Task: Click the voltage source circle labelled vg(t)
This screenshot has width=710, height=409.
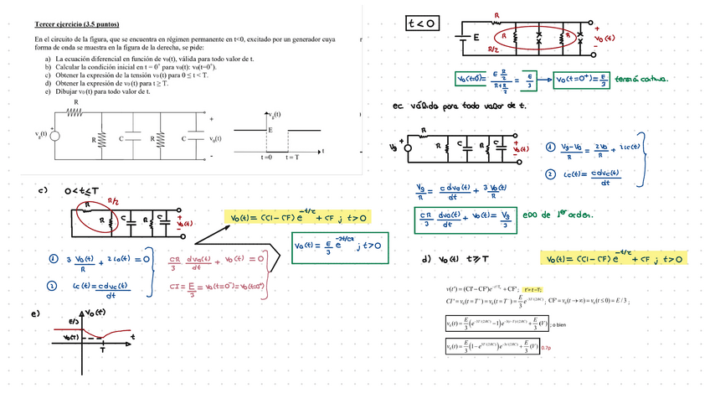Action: tap(56, 134)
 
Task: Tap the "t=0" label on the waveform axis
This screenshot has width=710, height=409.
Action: tap(265, 158)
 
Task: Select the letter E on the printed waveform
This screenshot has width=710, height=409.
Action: tap(270, 131)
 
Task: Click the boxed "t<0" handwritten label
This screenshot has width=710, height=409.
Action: tap(421, 23)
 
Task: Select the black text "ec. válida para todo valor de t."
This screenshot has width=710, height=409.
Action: tap(459, 106)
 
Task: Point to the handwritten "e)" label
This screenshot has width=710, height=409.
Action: tap(35, 314)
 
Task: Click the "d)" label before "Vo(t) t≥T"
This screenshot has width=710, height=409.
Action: tap(427, 259)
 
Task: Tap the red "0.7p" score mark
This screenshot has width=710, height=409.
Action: tap(547, 347)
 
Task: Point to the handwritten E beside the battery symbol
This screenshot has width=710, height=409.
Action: tap(476, 38)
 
